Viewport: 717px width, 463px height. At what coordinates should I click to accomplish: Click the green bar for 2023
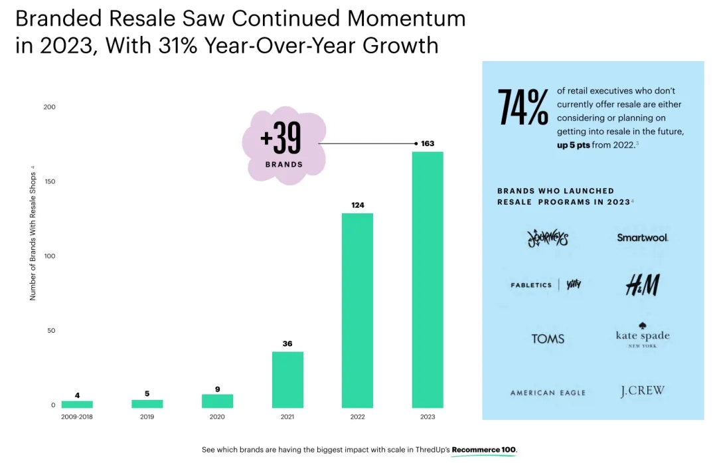click(x=428, y=279)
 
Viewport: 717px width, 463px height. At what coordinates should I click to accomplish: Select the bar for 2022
click(x=357, y=310)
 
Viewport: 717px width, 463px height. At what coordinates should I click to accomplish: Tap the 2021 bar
click(x=287, y=379)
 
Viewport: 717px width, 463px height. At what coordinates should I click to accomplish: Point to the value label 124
click(x=358, y=205)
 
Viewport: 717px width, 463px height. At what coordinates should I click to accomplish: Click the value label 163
click(x=428, y=143)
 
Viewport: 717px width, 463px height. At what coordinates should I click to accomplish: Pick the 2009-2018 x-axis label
click(x=77, y=417)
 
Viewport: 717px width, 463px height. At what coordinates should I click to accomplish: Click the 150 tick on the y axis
click(x=49, y=181)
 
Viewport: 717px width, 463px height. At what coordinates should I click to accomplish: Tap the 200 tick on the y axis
click(x=49, y=107)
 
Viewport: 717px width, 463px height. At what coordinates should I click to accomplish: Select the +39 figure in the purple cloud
click(x=281, y=138)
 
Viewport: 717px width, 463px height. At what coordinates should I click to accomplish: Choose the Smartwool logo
click(x=642, y=237)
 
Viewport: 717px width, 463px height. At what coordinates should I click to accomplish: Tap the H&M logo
click(x=642, y=285)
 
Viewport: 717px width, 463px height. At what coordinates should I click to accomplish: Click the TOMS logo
click(x=548, y=339)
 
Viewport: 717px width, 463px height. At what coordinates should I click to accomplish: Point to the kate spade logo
click(x=642, y=335)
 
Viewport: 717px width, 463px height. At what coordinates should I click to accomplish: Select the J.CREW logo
click(x=642, y=391)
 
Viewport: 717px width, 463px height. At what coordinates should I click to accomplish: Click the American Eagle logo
click(x=548, y=393)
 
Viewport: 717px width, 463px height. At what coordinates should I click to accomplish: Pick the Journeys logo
click(x=548, y=237)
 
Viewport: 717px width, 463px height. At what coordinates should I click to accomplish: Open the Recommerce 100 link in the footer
click(x=483, y=450)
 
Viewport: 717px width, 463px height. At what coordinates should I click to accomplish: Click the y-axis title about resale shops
click(x=33, y=232)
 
